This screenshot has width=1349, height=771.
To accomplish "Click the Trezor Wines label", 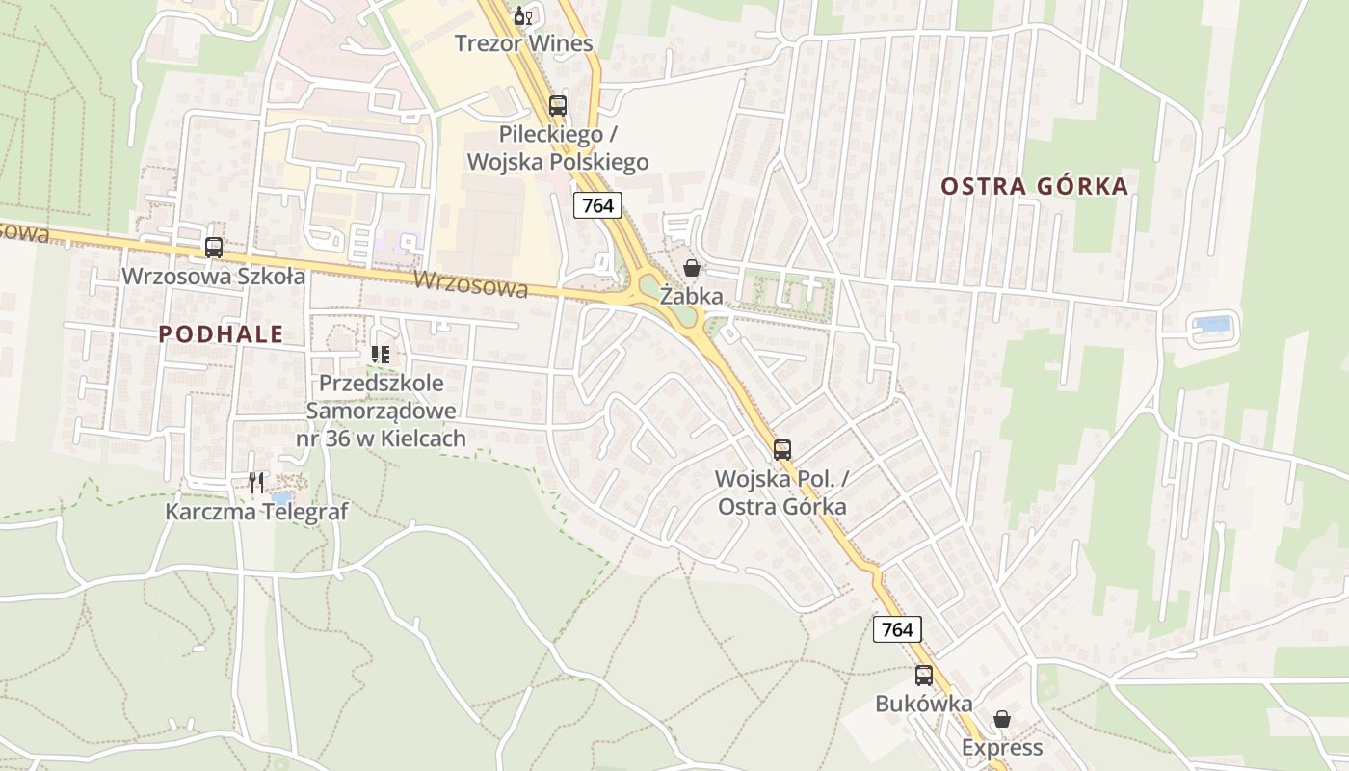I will [523, 43].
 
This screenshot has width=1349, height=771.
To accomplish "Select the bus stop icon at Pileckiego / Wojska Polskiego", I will [558, 106].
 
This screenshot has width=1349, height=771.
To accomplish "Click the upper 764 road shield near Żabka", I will [597, 204].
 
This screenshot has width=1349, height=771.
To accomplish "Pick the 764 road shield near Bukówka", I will [897, 629].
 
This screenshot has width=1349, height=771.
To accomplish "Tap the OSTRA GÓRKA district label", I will [1034, 186].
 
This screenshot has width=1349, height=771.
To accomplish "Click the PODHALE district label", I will [221, 334].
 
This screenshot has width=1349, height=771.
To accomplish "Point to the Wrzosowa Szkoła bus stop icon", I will [214, 248].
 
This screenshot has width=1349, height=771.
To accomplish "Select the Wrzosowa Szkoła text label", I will [213, 277].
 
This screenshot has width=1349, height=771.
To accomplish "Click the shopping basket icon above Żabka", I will [692, 268].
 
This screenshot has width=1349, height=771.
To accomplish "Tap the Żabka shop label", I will [691, 297].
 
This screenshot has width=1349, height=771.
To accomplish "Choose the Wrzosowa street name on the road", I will [471, 285].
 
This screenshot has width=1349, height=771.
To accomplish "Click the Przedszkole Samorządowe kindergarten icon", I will [381, 355].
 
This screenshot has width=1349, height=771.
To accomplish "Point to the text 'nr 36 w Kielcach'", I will [381, 439].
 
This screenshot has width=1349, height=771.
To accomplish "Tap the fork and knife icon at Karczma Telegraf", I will [256, 483].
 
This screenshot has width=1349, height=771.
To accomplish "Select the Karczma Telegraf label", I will [256, 511].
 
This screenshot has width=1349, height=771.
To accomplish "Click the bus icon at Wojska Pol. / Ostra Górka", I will [782, 449].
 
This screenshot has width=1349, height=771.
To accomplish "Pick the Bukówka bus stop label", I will [923, 704].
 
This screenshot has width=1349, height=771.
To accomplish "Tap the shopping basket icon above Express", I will [1002, 719].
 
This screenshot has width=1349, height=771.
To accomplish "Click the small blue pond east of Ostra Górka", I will [1213, 325].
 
